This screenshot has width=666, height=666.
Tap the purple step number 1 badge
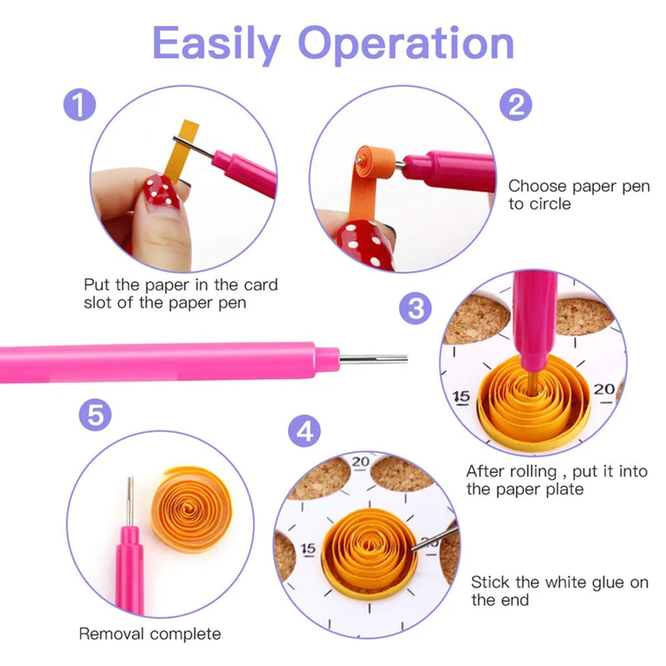[80, 106]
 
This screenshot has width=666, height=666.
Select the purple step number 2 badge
[515, 106]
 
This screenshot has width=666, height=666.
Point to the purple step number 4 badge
[305, 432]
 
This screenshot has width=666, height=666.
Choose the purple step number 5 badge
[96, 414]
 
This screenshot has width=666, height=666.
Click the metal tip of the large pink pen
[374, 360]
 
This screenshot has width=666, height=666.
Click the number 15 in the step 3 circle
[461, 396]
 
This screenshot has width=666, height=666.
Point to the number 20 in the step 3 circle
[604, 389]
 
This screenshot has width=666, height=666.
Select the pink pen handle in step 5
[131, 566]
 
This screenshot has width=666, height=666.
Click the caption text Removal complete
[150, 634]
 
